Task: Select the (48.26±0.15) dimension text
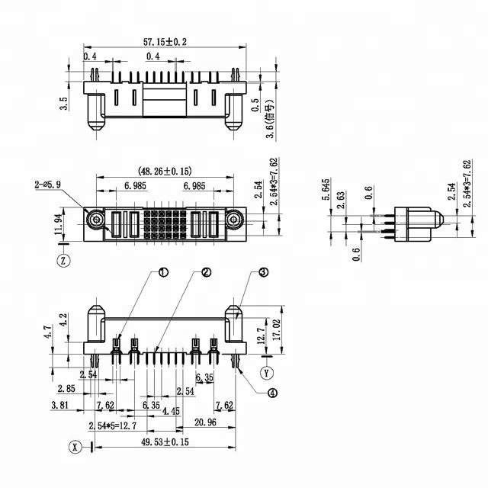165,172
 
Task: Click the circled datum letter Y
266,373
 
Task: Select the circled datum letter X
75,446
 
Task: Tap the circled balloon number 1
163,272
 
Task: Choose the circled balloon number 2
206,272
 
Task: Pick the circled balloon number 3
262,272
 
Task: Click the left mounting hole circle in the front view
97,221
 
